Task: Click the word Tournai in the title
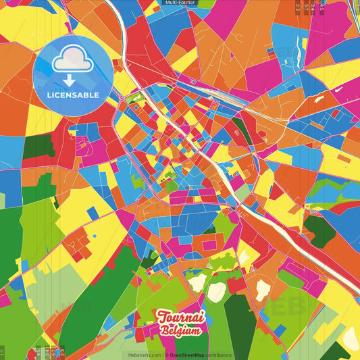coord(180,317)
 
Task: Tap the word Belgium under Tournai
coord(180,331)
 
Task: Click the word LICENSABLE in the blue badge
coord(72,95)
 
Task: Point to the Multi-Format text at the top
coord(180,3)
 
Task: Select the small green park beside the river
coord(136,100)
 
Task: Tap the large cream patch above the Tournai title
coord(216,292)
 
